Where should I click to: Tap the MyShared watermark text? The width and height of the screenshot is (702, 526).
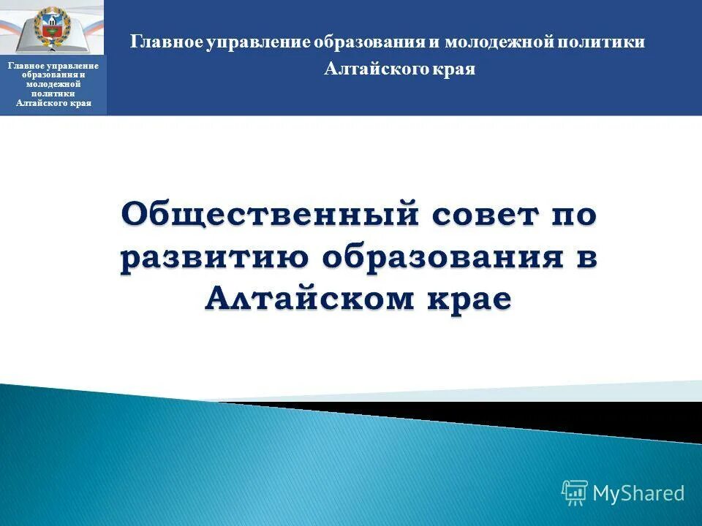coord(638,493)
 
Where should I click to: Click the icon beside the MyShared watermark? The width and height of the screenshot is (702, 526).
coord(575,493)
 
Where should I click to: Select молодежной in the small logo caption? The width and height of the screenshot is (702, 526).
coord(55,85)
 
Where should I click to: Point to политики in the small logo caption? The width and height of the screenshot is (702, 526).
coord(55,94)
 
